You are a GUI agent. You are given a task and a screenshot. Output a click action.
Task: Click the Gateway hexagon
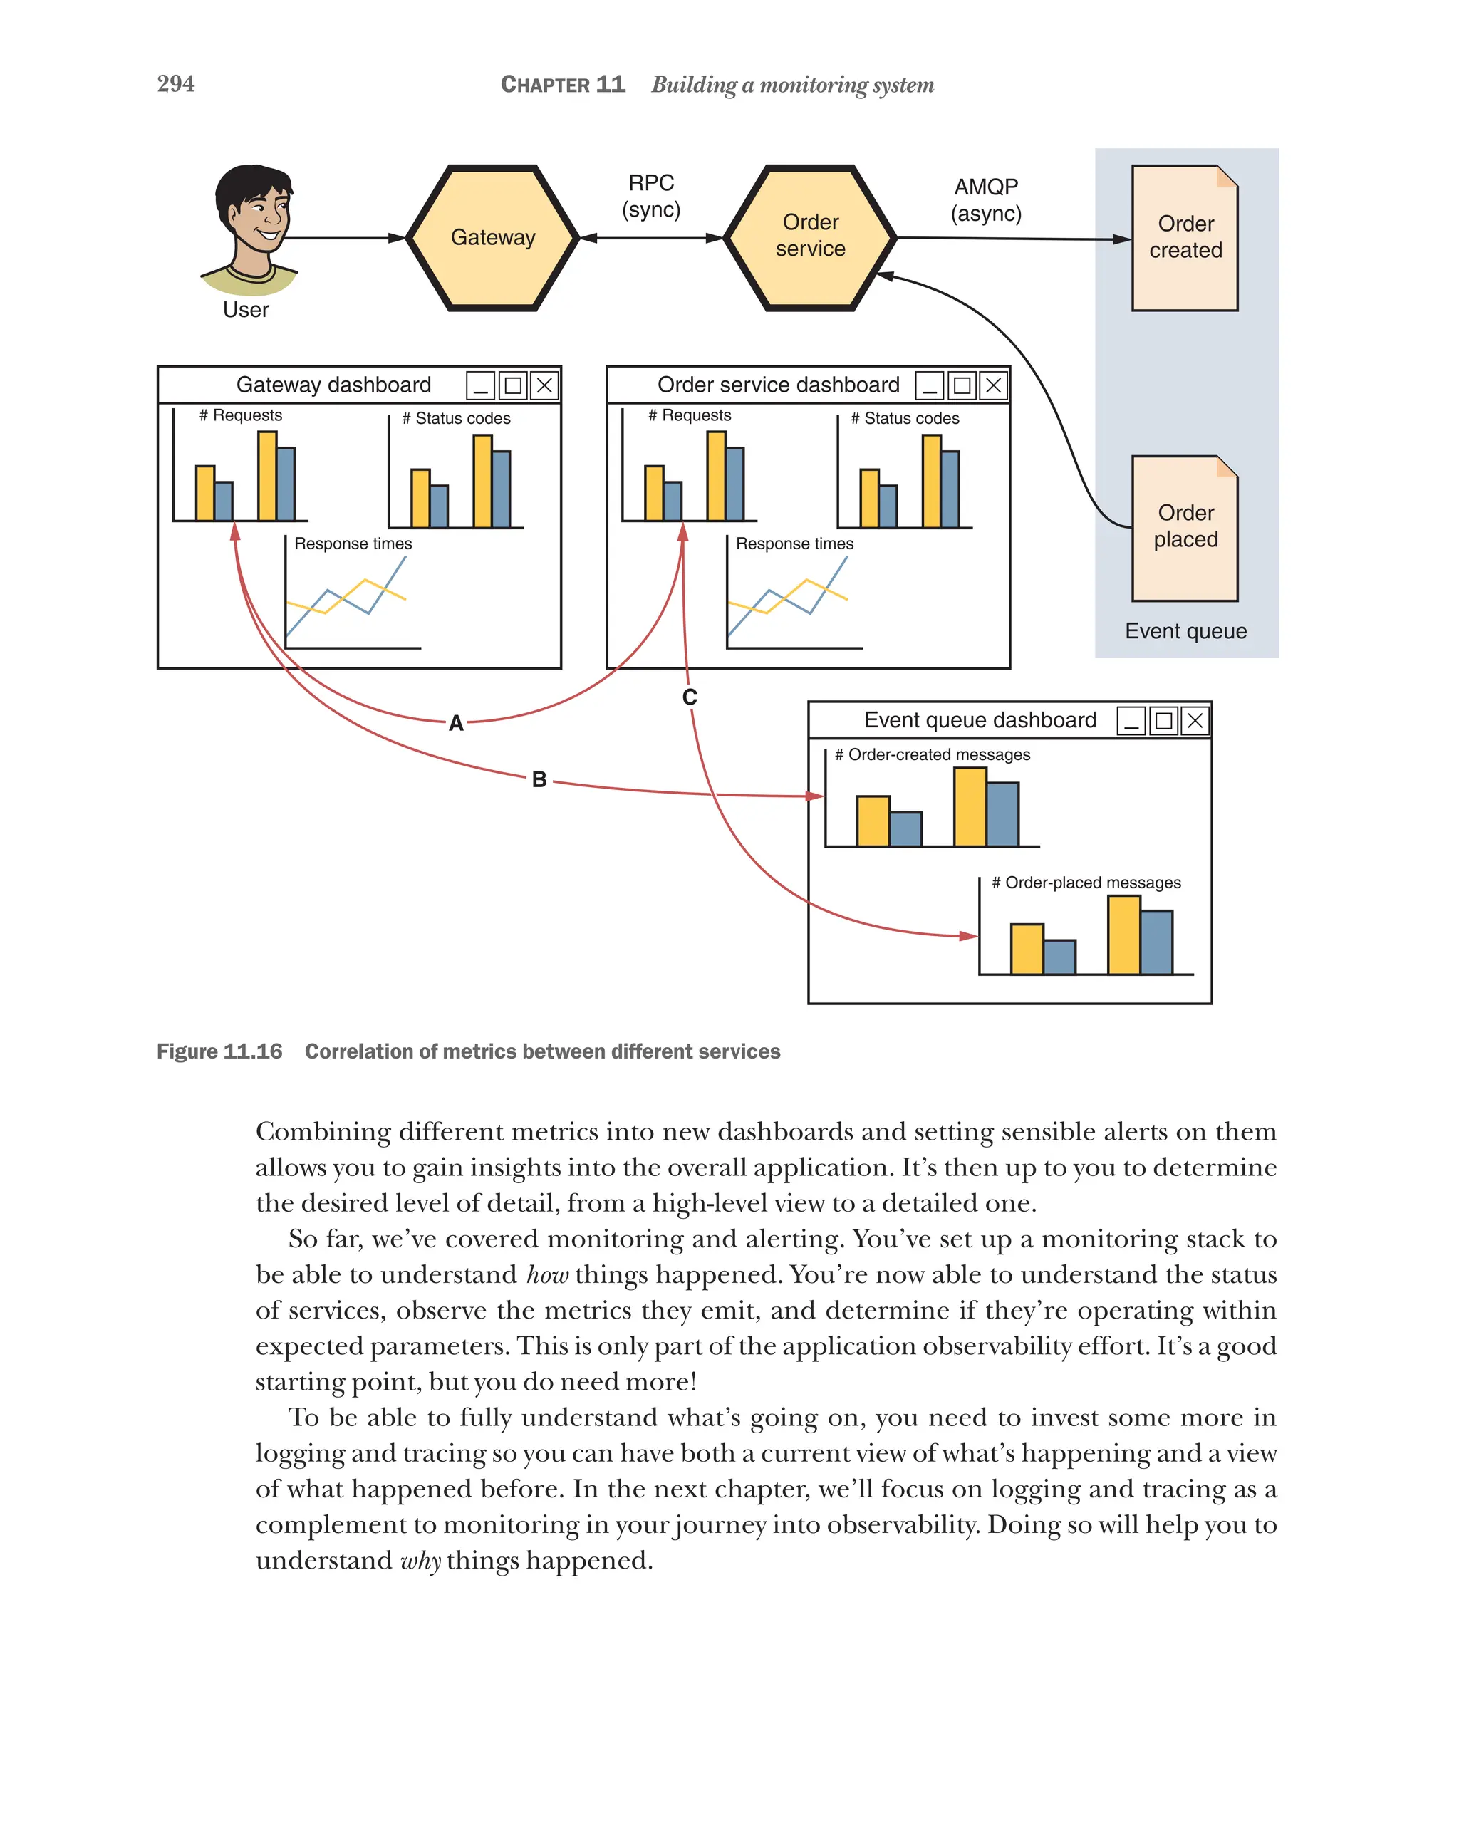(x=492, y=238)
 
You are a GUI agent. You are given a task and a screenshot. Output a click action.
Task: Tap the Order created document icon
(x=1184, y=238)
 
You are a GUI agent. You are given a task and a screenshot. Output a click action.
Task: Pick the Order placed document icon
(x=1184, y=527)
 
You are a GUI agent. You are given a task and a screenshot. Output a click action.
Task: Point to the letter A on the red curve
(x=456, y=723)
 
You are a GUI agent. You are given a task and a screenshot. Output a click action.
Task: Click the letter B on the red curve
(x=539, y=779)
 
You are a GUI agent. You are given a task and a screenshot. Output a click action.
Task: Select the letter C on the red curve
(x=689, y=697)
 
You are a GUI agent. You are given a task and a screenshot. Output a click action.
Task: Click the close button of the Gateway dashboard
(x=544, y=386)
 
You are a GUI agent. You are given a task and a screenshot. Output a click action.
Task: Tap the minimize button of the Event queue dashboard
(x=1131, y=722)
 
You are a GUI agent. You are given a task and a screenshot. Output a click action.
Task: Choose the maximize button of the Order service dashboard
(x=962, y=386)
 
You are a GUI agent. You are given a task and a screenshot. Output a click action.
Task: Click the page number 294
(x=176, y=83)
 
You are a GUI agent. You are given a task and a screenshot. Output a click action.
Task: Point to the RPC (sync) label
(x=651, y=196)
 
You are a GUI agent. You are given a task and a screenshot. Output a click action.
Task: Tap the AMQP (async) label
(x=985, y=199)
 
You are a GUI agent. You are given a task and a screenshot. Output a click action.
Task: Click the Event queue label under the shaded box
(x=1185, y=630)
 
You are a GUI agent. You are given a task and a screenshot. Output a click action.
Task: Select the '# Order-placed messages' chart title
(x=1086, y=883)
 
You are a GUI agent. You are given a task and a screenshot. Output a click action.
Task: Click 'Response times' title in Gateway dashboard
(x=353, y=544)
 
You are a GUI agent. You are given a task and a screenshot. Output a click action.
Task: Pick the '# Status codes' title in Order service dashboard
(x=905, y=418)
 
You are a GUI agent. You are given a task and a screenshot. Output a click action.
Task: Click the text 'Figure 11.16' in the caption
(x=219, y=1051)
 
